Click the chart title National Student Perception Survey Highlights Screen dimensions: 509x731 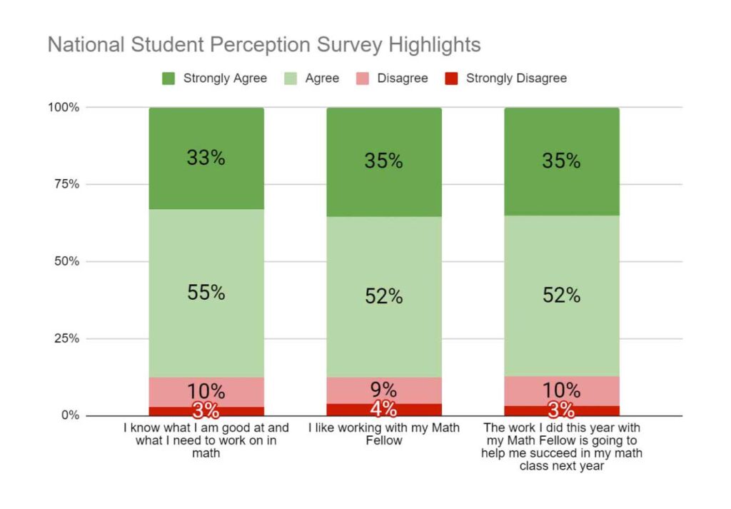[263, 44]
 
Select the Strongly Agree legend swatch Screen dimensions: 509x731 [168, 78]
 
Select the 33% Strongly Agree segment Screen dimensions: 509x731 [206, 158]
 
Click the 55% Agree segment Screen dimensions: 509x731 [206, 293]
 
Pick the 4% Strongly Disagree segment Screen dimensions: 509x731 [384, 410]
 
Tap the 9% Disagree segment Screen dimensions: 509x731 [384, 390]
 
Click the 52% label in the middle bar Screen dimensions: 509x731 [384, 296]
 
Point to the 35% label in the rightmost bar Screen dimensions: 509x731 [561, 161]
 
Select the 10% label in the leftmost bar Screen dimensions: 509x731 [206, 391]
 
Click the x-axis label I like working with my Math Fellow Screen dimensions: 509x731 [384, 434]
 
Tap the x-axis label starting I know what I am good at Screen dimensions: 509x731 [206, 440]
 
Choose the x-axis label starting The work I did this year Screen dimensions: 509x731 [562, 447]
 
